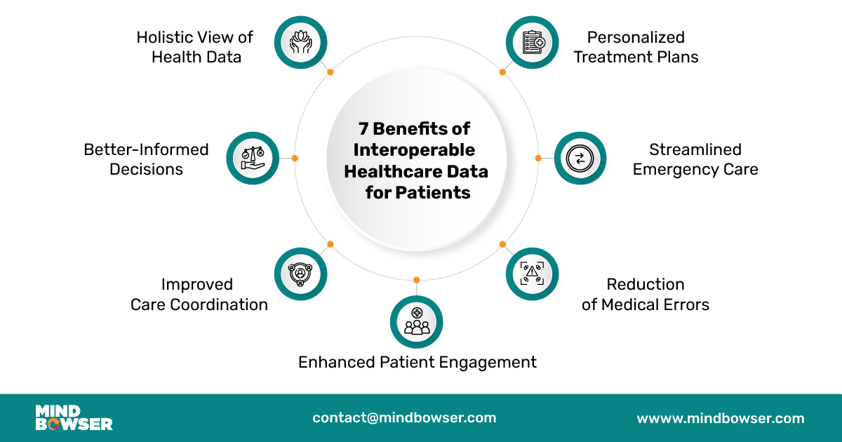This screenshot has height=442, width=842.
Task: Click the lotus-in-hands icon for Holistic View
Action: [x=300, y=42]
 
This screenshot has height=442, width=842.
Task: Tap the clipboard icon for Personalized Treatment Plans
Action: [x=532, y=42]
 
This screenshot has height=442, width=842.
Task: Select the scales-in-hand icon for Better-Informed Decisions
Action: [x=252, y=158]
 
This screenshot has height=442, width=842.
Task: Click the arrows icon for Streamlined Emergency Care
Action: [x=580, y=158]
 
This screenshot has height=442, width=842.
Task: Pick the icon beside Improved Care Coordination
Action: [x=300, y=274]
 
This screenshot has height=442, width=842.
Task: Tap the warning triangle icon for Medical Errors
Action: [x=532, y=274]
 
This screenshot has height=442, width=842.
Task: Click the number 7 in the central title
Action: [x=363, y=129]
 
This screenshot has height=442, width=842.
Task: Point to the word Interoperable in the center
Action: [x=414, y=150]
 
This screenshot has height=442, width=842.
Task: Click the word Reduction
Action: [x=646, y=284]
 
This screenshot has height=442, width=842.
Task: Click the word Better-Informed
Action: [x=146, y=149]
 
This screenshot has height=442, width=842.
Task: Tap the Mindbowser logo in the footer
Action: [x=74, y=418]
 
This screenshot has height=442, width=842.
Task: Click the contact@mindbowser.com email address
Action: [x=404, y=417]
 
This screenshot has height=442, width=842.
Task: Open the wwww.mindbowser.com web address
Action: [x=720, y=418]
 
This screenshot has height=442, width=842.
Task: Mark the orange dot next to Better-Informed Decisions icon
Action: [x=295, y=158]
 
